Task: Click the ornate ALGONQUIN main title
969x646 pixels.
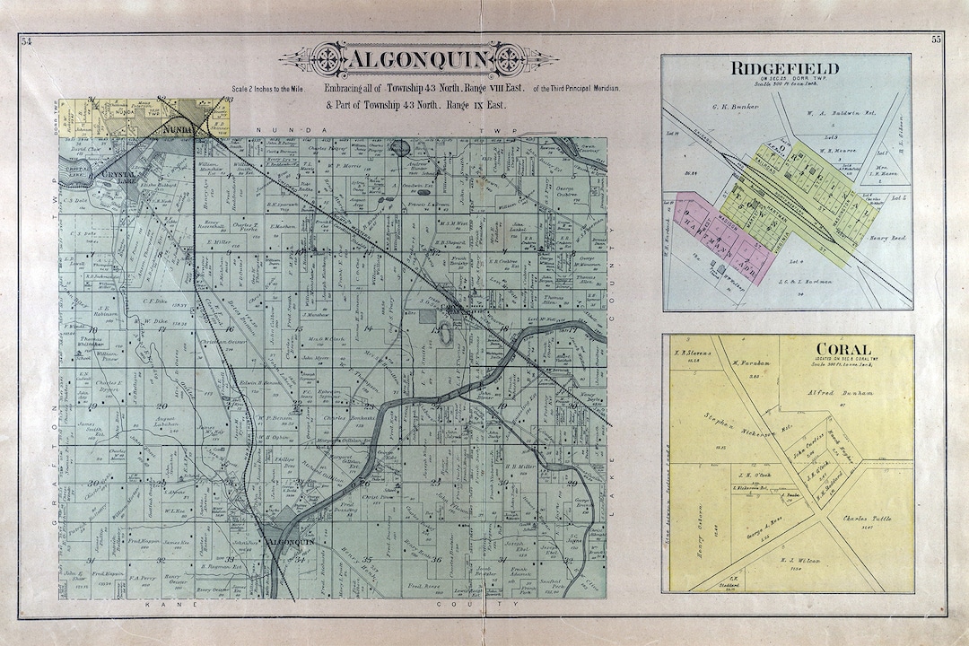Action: tap(418, 60)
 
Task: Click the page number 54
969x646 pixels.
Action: tap(26, 39)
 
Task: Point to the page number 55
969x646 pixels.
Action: tap(937, 39)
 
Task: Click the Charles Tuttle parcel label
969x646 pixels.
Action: tap(864, 518)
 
